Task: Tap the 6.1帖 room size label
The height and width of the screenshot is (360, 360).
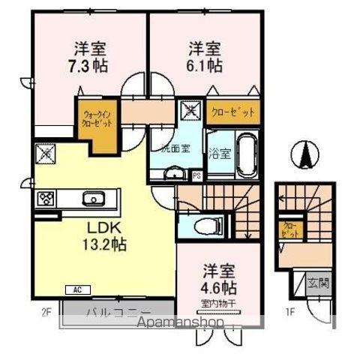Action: (x=204, y=66)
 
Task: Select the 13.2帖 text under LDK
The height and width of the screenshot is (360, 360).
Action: (x=104, y=244)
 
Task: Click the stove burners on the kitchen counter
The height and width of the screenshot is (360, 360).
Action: (x=24, y=199)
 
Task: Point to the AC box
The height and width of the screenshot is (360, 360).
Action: (x=77, y=289)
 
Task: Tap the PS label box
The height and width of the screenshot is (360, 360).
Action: (x=196, y=176)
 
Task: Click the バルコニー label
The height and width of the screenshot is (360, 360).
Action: (x=120, y=312)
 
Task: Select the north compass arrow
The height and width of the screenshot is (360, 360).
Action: (x=306, y=155)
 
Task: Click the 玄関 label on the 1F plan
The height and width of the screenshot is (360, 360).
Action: (x=316, y=283)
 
